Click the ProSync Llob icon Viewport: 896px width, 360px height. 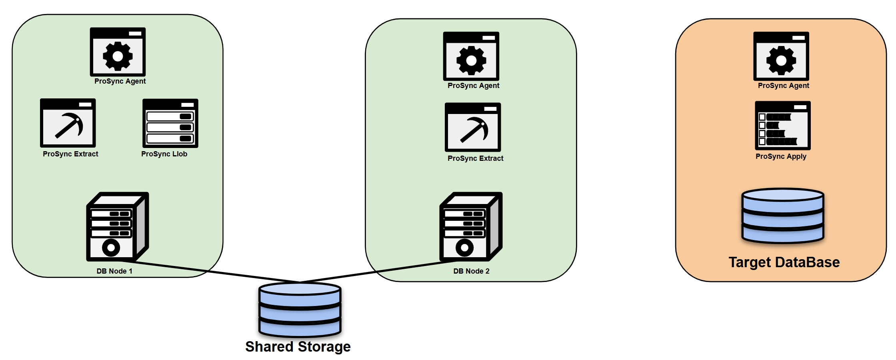tap(170, 123)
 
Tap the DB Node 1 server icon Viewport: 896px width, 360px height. tap(117, 227)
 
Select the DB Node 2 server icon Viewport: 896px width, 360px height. tap(471, 227)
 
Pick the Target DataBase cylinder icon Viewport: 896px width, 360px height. tap(783, 216)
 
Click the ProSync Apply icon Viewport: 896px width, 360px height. tap(782, 126)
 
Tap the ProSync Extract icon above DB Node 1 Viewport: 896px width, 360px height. tap(68, 123)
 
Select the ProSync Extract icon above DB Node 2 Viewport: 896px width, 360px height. tap(473, 127)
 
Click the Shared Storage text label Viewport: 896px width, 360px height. tap(298, 346)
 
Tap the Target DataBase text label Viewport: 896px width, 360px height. tap(784, 262)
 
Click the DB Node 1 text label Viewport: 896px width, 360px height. tap(114, 271)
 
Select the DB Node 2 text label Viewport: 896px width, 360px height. tap(471, 271)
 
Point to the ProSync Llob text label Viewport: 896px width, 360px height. tap(164, 154)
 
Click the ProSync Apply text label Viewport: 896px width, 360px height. tap(781, 156)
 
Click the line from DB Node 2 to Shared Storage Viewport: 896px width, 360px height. tap(380, 271)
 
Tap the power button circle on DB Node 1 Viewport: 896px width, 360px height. tap(111, 248)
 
